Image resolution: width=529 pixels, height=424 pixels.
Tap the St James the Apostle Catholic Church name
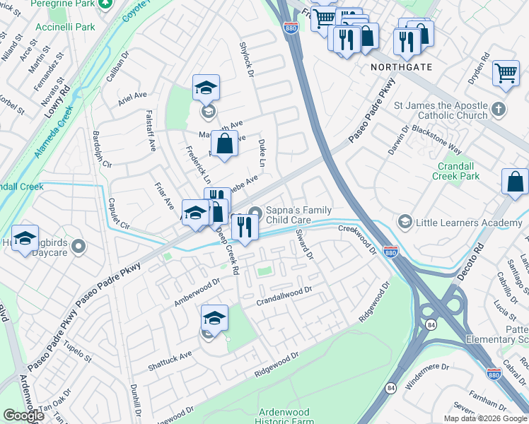[441, 110]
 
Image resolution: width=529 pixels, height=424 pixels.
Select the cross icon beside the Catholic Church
[499, 110]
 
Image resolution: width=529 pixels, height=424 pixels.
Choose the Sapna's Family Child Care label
[298, 214]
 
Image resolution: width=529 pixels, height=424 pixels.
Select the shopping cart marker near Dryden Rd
[506, 72]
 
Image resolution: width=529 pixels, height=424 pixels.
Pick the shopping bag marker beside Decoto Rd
[515, 181]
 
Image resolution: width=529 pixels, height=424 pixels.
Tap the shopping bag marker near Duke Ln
[224, 143]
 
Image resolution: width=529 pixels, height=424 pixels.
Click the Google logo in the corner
[23, 416]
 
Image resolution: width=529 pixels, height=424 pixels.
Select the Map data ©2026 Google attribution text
[484, 418]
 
